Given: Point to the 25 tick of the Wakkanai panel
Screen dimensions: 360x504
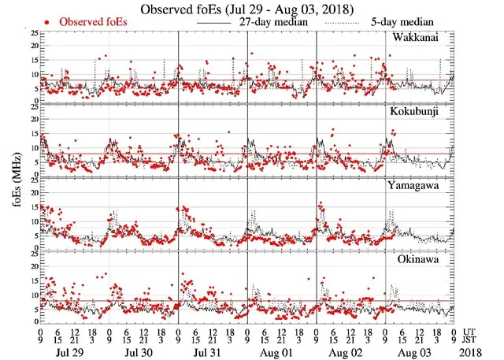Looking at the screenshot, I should click(x=32, y=34).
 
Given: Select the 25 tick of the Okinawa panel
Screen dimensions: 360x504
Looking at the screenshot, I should click(x=32, y=254).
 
